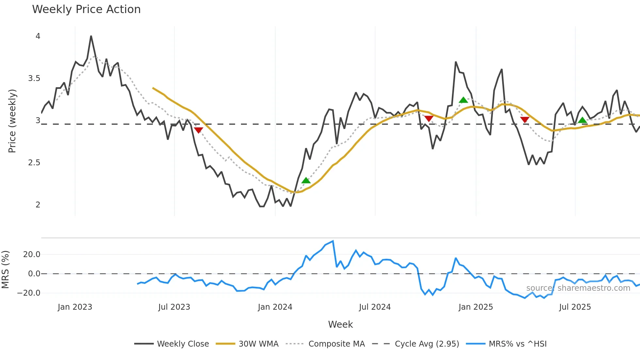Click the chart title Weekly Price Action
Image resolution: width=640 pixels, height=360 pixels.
86,9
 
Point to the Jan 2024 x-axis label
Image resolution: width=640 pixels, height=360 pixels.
275,307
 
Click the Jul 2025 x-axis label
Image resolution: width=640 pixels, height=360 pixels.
575,307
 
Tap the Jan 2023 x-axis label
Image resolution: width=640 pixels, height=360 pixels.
75,307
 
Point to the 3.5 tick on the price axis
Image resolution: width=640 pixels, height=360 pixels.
34,78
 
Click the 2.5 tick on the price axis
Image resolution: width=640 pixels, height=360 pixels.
34,163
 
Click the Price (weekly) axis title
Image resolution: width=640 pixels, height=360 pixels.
12,121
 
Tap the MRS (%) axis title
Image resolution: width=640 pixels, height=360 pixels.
6,270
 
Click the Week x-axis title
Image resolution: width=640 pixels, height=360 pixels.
340,324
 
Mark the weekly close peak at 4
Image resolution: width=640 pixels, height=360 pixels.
91,36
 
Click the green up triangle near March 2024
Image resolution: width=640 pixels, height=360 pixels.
306,180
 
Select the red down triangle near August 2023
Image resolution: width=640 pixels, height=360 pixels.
198,130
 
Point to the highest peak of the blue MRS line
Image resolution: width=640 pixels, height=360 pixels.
333,241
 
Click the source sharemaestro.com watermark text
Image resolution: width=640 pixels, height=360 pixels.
578,288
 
